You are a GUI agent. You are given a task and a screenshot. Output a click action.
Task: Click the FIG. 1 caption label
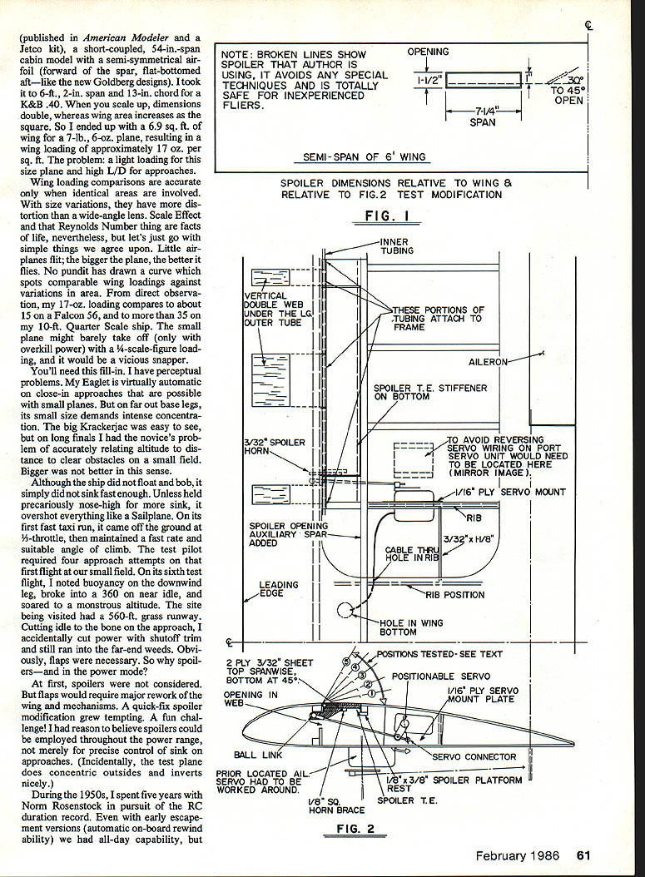(390, 215)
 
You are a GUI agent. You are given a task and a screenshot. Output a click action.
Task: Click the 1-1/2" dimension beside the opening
(427, 80)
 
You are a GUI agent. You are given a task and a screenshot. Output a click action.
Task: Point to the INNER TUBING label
(397, 245)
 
